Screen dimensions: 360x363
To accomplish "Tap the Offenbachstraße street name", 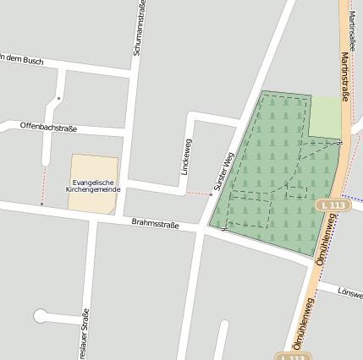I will [x=48, y=128].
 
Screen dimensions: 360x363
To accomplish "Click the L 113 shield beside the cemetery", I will [x=333, y=205].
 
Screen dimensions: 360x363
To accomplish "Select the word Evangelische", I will [x=93, y=182].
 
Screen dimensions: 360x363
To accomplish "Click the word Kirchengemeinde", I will [x=93, y=189].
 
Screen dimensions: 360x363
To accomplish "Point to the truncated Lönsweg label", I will [x=349, y=293].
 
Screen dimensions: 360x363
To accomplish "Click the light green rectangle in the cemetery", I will [x=324, y=116].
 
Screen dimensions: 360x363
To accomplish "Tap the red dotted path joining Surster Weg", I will [x=198, y=194].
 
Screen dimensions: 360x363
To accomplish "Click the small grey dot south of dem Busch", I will [x=58, y=99].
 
